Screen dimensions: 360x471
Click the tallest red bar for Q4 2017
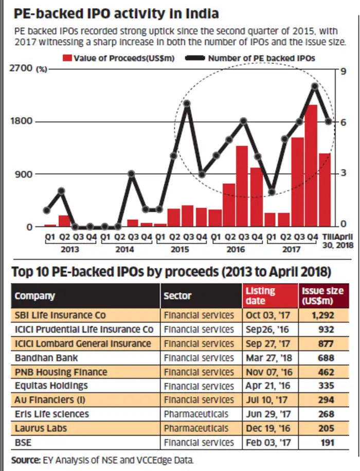(311, 166)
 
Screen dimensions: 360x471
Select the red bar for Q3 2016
(242, 186)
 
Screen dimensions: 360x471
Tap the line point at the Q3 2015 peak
(187, 103)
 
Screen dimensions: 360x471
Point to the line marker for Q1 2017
(272, 192)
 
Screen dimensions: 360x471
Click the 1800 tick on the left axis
(21, 121)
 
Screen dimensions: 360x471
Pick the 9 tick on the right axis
(343, 71)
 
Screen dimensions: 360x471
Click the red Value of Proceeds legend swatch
(67, 58)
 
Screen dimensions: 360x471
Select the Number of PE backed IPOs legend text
(262, 58)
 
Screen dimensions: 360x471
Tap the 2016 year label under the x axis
(236, 249)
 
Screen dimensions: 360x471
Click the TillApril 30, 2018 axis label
(338, 241)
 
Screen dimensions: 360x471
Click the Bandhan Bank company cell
(46, 358)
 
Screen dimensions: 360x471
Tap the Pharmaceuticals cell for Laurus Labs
(196, 428)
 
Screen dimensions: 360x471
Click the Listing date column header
(260, 296)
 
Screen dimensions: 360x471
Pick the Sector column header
(177, 296)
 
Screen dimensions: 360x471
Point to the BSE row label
(23, 443)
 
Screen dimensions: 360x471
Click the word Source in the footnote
(26, 460)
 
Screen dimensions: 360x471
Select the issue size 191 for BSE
(327, 443)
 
